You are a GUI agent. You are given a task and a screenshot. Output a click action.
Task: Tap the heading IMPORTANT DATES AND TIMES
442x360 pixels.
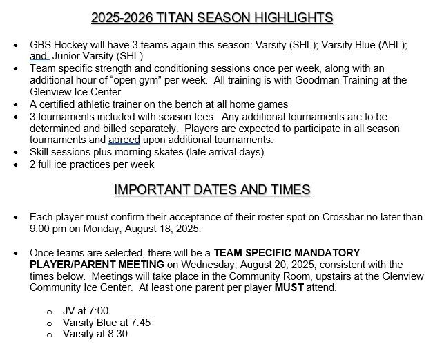coord(212,190)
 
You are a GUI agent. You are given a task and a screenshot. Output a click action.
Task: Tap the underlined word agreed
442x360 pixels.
coord(124,140)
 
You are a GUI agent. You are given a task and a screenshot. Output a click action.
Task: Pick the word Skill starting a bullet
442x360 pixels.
coord(41,151)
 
